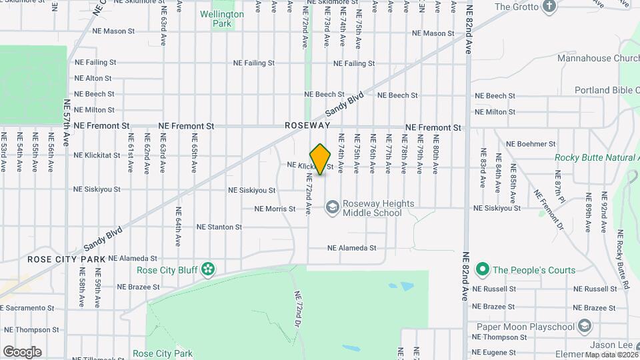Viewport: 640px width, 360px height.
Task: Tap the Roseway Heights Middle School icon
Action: tap(331, 208)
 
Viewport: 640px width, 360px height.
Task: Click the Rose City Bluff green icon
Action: tap(208, 269)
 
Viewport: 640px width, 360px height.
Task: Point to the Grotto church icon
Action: tap(549, 7)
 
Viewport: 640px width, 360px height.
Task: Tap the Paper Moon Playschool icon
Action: tap(585, 327)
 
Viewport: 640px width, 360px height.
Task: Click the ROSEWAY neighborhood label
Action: tap(307, 125)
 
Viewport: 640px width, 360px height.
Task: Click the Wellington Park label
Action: tap(223, 18)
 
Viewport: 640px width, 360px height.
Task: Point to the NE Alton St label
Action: tap(93, 78)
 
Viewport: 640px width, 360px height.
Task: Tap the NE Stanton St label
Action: tap(219, 227)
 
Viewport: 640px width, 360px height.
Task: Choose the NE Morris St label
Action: tap(275, 209)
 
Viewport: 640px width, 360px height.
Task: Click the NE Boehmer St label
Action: tap(531, 143)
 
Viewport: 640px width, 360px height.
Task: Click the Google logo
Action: tap(22, 352)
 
